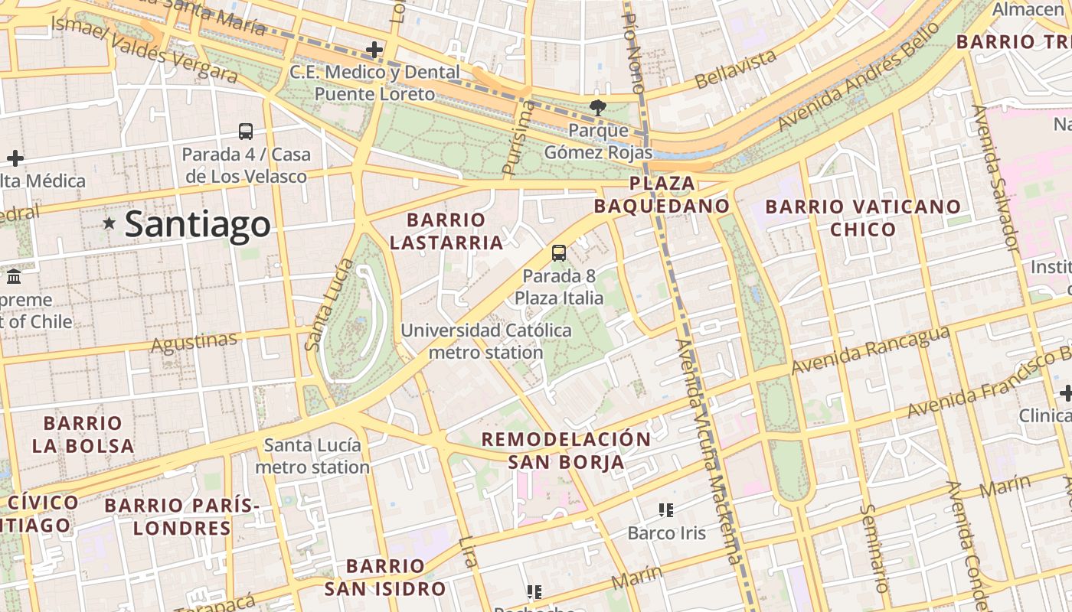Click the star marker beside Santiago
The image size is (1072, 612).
[109, 223]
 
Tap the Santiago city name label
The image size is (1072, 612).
[198, 224]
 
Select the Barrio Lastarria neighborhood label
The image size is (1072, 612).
[446, 232]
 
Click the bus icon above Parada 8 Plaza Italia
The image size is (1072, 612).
[559, 253]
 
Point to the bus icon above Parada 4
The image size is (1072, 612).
[246, 132]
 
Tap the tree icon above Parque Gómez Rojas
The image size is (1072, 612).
[597, 108]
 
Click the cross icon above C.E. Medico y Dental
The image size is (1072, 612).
[374, 50]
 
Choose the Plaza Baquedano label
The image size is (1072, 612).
[662, 195]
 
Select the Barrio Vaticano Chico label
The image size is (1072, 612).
[863, 218]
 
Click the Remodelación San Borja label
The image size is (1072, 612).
[566, 451]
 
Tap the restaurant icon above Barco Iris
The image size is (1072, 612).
[665, 509]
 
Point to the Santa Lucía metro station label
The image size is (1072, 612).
[312, 456]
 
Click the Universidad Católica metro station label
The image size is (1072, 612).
[486, 342]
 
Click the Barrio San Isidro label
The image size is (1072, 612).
[385, 578]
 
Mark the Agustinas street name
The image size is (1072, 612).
[194, 342]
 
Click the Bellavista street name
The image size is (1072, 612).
[735, 68]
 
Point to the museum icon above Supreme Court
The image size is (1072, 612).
[13, 276]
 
